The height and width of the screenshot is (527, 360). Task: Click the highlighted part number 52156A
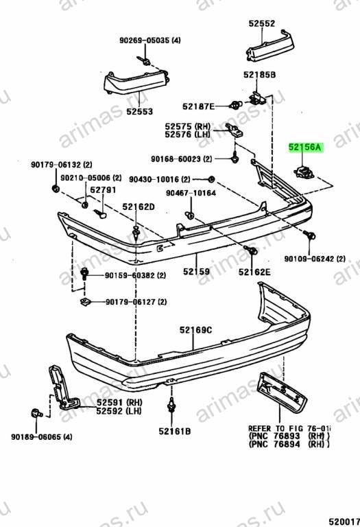(305, 148)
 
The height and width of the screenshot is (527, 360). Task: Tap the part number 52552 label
(262, 23)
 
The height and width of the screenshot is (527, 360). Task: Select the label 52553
(140, 111)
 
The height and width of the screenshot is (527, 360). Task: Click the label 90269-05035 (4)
(150, 40)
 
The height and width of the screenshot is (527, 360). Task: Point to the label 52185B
(260, 74)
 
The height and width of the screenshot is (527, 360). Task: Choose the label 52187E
(198, 106)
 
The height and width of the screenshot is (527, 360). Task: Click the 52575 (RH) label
(188, 126)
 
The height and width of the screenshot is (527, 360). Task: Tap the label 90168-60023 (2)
(182, 159)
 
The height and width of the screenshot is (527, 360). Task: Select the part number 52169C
(196, 330)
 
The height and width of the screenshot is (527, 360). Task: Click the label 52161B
(175, 431)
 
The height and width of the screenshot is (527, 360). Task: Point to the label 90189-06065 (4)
(42, 437)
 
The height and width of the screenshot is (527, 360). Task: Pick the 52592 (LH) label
(119, 411)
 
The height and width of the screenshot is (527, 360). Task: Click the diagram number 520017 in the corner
(344, 522)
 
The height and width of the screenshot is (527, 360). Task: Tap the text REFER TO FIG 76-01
(289, 428)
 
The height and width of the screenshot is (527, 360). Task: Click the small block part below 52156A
(304, 172)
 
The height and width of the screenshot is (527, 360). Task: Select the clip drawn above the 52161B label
(172, 406)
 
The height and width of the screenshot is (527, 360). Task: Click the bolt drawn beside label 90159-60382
(84, 273)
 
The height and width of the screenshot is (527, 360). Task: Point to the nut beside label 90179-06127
(84, 301)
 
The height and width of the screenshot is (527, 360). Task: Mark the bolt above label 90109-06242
(309, 235)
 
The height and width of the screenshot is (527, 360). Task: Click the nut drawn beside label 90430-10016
(211, 179)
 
